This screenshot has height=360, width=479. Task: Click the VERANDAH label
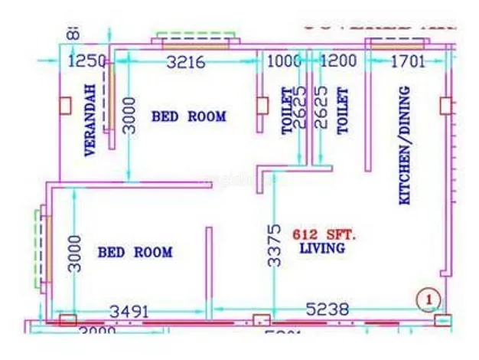(x=90, y=120)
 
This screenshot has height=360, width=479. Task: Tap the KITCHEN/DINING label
(x=405, y=145)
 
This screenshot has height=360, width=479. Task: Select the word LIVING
(x=321, y=249)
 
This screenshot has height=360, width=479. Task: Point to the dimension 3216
(x=186, y=63)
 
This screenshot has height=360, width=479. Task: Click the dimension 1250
(x=83, y=63)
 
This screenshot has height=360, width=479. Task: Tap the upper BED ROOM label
(x=189, y=117)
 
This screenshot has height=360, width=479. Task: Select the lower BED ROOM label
(x=135, y=252)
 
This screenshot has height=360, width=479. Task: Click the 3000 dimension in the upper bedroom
(x=130, y=116)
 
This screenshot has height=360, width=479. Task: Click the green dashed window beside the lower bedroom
(x=38, y=250)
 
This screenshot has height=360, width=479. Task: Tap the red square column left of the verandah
(x=65, y=105)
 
